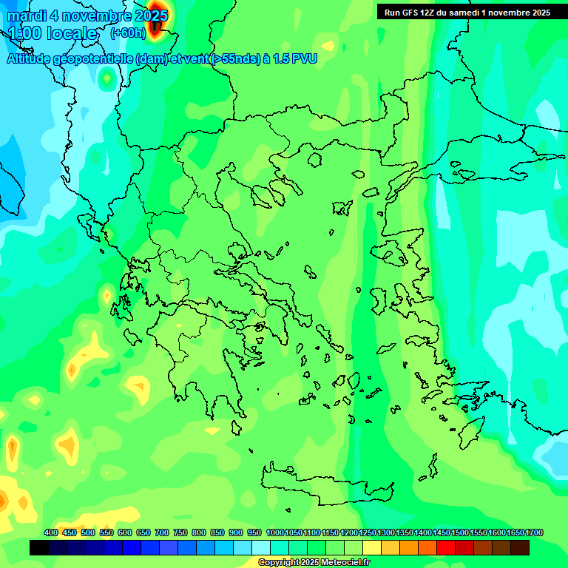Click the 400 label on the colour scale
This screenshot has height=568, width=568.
click(x=51, y=532)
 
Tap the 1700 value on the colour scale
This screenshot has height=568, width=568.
click(x=535, y=532)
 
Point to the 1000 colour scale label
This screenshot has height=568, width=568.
click(x=274, y=532)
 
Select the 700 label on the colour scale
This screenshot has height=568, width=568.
click(x=162, y=532)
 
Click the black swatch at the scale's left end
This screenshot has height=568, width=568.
click(x=39, y=548)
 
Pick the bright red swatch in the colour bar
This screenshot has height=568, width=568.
click(x=446, y=548)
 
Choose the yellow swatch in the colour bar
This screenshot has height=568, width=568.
click(x=372, y=548)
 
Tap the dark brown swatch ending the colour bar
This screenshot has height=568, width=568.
click(x=520, y=548)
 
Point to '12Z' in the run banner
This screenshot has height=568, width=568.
click(x=430, y=13)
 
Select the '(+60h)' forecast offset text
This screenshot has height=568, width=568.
click(x=127, y=33)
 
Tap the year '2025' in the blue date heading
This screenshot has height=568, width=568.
click(x=149, y=16)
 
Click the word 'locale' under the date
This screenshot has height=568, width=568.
click(x=72, y=33)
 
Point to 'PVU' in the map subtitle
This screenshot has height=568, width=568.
click(x=305, y=59)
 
